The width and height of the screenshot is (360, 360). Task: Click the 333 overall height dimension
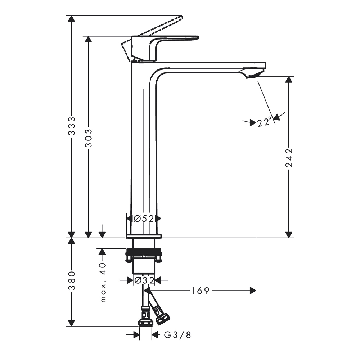[x=72, y=126]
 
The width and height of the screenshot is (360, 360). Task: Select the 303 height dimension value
[x=89, y=138]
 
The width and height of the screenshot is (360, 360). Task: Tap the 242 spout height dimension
[x=289, y=158]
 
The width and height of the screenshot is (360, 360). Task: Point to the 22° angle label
[x=264, y=122]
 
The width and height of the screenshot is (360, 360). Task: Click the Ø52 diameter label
[x=144, y=219]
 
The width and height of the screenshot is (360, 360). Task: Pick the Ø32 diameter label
[x=144, y=280]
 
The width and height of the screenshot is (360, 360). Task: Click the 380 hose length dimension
[x=72, y=281]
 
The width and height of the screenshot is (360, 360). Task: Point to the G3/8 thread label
[x=177, y=335]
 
